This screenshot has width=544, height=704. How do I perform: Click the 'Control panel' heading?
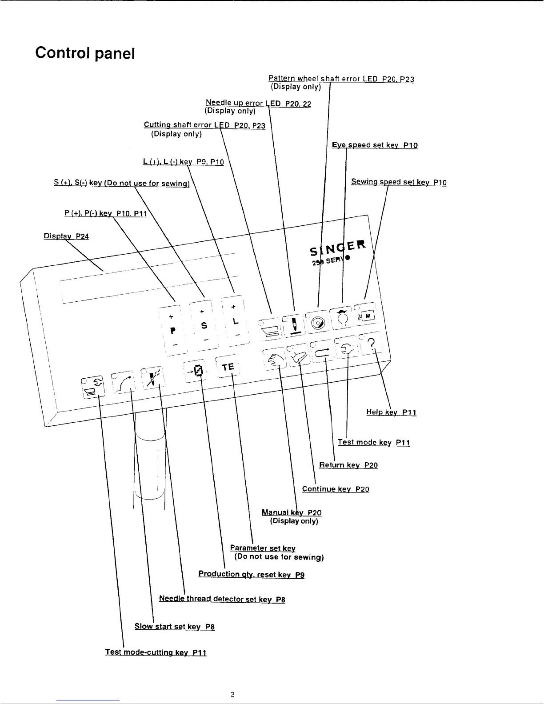click(85, 53)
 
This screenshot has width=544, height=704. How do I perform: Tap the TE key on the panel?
click(228, 367)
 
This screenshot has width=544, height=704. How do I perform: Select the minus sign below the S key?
click(205, 339)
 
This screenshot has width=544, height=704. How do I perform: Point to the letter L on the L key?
click(236, 321)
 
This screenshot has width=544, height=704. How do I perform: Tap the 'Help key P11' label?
click(391, 412)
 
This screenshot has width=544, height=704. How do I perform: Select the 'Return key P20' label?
click(348, 465)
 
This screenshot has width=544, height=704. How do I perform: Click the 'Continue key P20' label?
click(336, 489)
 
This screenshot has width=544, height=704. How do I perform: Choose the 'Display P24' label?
click(66, 236)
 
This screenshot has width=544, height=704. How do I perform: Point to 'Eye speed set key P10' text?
click(375, 145)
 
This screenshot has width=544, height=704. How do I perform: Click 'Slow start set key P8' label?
click(175, 626)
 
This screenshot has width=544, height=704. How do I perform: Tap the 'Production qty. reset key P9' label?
click(251, 574)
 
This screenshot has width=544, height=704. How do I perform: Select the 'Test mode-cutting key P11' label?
click(156, 652)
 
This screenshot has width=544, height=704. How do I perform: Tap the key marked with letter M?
click(368, 316)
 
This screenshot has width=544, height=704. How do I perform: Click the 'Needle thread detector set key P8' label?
click(222, 599)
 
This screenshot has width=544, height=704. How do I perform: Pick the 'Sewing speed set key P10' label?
click(399, 182)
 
